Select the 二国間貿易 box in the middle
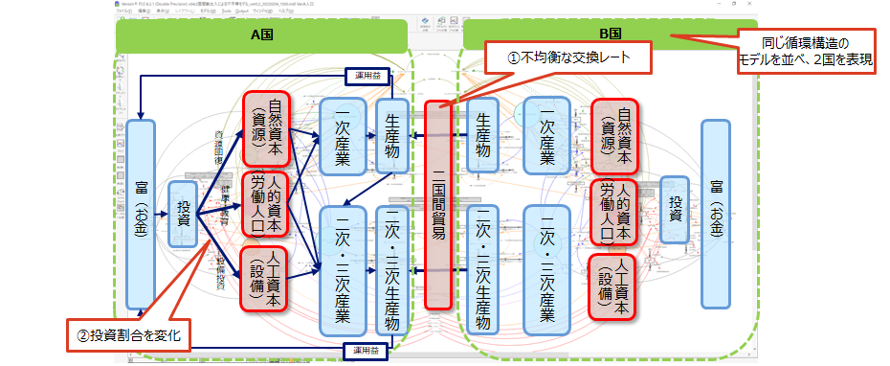coord(438,203)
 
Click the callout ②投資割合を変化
coord(128,335)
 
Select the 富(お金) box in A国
coord(141,214)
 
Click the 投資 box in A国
coord(183,217)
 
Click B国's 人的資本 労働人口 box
coord(614,213)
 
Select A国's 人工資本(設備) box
coord(266,280)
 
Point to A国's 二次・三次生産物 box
coord(393,270)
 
